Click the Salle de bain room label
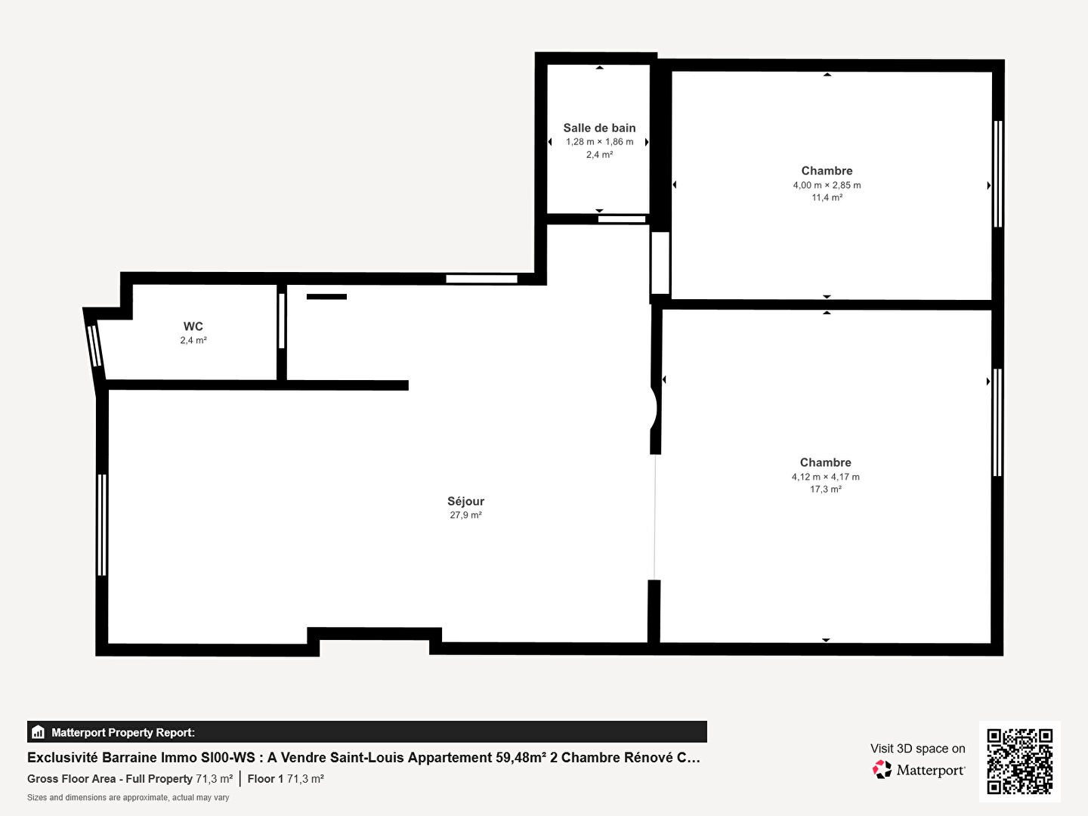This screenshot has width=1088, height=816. tap(599, 128)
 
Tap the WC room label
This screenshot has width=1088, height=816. tap(193, 326)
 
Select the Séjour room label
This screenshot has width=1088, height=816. tap(465, 501)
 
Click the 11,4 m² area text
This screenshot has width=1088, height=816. tap(827, 197)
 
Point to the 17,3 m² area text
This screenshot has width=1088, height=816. tap(825, 489)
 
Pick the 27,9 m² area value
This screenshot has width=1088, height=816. tap(465, 515)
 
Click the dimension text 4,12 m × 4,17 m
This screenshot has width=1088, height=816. tap(825, 477)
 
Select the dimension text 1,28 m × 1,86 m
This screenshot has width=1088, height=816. tap(599, 142)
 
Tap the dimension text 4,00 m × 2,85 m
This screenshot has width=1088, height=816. tap(827, 185)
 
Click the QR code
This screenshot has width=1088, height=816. tap(1019, 761)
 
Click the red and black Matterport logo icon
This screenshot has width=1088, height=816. tap(882, 769)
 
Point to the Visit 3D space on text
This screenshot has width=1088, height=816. tap(917, 748)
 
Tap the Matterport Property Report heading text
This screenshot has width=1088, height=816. tap(123, 732)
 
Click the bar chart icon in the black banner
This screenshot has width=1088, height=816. tap(38, 732)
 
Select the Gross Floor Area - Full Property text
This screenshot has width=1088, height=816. tap(110, 779)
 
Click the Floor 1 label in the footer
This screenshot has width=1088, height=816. tap(265, 779)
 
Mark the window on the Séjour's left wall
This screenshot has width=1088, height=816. tap(101, 524)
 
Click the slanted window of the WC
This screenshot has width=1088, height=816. tap(94, 345)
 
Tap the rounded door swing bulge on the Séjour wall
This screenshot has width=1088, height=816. tap(654, 409)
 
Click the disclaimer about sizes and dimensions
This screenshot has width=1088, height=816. tap(128, 798)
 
